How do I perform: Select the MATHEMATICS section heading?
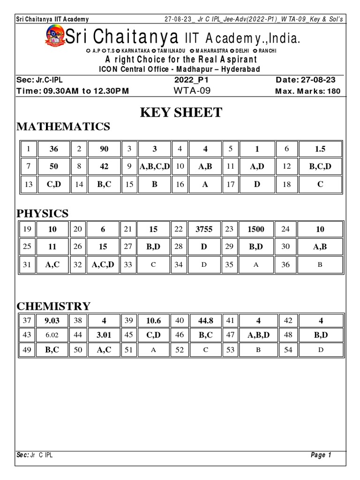click(x=63, y=127)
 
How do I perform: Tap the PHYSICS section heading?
click(x=43, y=214)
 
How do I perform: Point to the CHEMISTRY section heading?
click(x=53, y=307)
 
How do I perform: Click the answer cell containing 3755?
click(x=204, y=229)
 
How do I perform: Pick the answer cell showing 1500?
click(x=255, y=229)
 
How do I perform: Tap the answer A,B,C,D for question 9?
click(x=155, y=166)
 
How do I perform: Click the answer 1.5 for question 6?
click(x=320, y=149)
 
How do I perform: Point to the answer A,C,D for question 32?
click(x=103, y=265)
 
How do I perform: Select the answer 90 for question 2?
click(x=104, y=149)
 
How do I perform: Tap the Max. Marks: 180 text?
click(x=307, y=91)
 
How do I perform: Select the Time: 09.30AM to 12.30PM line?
click(x=73, y=91)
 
